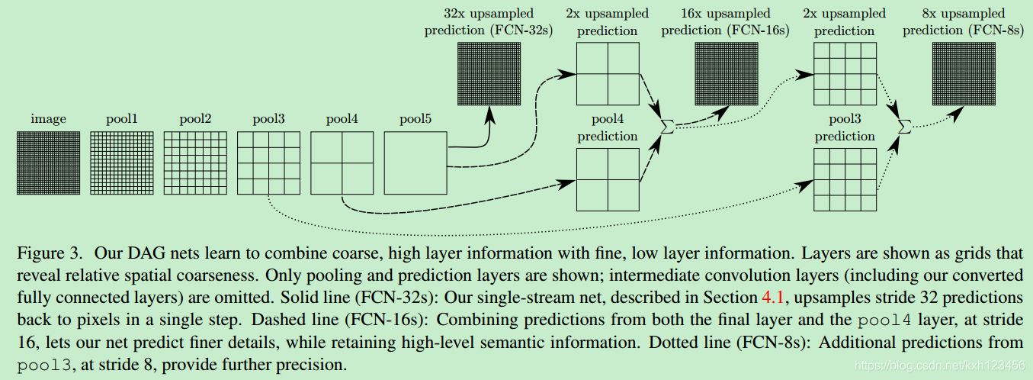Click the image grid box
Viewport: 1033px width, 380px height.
click(48, 163)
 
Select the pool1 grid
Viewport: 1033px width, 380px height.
click(121, 163)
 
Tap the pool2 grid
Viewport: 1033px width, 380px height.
click(195, 163)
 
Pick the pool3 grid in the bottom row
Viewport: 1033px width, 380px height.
click(268, 163)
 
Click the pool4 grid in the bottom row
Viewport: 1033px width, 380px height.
click(342, 163)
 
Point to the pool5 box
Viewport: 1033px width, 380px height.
click(415, 163)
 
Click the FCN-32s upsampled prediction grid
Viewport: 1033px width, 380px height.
click(489, 73)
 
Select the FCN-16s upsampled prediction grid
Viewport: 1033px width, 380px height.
click(726, 73)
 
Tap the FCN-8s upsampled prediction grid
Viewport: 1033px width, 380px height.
click(963, 73)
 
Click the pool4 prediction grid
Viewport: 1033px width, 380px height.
click(608, 179)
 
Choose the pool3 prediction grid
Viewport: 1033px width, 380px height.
click(845, 179)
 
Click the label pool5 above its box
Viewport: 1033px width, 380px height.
click(415, 119)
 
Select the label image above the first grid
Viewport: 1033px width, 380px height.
click(48, 119)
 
